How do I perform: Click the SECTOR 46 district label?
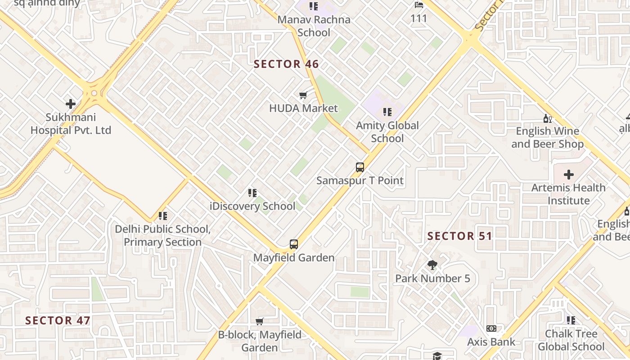tap(286, 64)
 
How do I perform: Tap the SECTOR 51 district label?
tap(460, 236)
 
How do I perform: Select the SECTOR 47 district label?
tap(58, 321)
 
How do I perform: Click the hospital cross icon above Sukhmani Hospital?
tap(71, 104)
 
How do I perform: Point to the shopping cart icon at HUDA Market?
tap(303, 95)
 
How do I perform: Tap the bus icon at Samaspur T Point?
tap(360, 167)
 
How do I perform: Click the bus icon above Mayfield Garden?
tap(294, 244)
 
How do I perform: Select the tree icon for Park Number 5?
tap(432, 265)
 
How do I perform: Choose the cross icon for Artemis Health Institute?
tap(569, 174)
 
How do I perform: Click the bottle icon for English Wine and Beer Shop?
tap(547, 118)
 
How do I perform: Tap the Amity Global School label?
tap(387, 132)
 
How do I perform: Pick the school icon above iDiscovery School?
tap(252, 193)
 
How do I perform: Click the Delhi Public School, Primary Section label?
tap(162, 235)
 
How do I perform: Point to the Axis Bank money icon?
tap(491, 328)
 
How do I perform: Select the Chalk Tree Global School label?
tap(571, 340)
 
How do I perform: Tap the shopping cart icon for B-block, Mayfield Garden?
tap(260, 321)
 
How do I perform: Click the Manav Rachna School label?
tap(314, 26)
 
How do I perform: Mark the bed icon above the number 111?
tap(419, 5)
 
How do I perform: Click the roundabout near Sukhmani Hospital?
tap(94, 93)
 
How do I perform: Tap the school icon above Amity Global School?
tap(387, 112)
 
